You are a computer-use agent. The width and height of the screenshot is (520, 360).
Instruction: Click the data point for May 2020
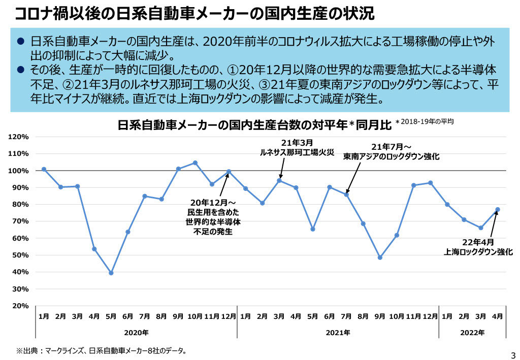(111, 273)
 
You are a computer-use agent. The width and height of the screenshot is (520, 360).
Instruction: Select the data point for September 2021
(380, 257)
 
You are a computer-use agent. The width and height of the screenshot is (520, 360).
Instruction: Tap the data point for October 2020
(195, 163)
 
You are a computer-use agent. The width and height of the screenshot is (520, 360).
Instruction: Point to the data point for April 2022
(498, 209)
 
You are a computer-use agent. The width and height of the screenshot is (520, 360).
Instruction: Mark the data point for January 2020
(44, 169)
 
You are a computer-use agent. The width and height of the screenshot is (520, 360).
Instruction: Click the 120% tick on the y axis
(18, 137)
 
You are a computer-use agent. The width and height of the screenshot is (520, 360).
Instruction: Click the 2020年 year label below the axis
(136, 333)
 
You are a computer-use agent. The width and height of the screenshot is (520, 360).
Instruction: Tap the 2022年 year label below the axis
(472, 333)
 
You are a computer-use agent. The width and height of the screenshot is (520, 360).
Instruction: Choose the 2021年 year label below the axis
(338, 333)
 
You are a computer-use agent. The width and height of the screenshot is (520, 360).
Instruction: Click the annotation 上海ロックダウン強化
(478, 251)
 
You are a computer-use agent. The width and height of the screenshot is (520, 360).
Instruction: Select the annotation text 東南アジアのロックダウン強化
(391, 157)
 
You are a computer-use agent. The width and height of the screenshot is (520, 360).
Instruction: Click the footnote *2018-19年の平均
(425, 121)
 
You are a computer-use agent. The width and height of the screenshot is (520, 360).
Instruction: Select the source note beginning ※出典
(102, 350)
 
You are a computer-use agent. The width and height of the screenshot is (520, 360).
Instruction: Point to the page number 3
(512, 354)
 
